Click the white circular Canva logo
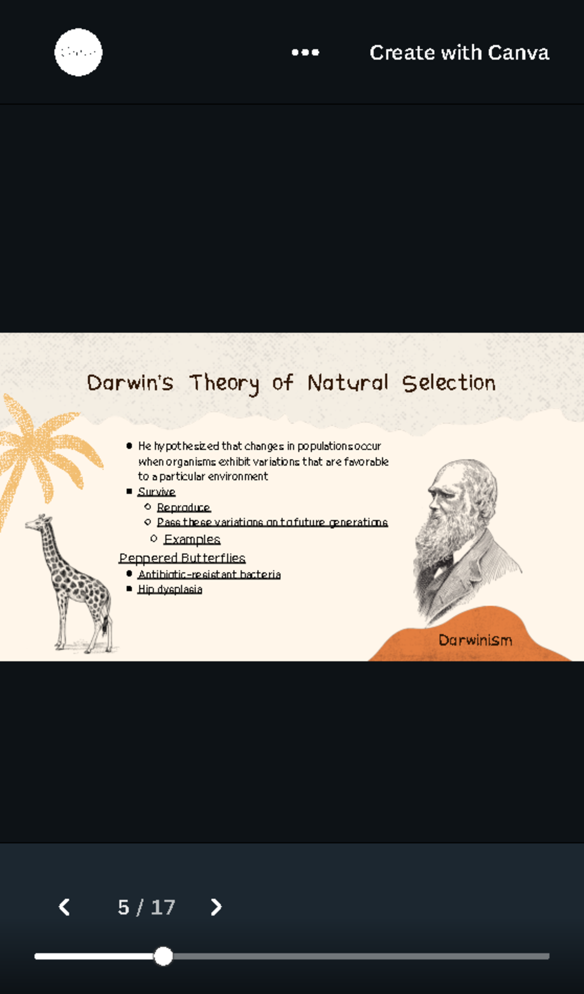tap(78, 52)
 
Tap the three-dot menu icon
tap(305, 53)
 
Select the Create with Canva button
tap(459, 53)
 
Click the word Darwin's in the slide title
tap(130, 383)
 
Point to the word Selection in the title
tap(449, 383)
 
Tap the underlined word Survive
tap(156, 492)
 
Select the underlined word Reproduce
tap(183, 507)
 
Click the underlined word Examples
tap(192, 539)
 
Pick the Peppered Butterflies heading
tap(182, 558)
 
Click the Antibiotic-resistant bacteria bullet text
tap(209, 574)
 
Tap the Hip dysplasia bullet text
tap(170, 589)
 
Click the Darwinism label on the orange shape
tap(475, 640)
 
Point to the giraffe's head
tap(37, 523)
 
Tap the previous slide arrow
tap(64, 907)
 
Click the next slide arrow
tap(216, 907)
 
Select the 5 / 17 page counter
tap(146, 907)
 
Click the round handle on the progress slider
tap(164, 956)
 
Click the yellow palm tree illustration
tap(39, 448)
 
